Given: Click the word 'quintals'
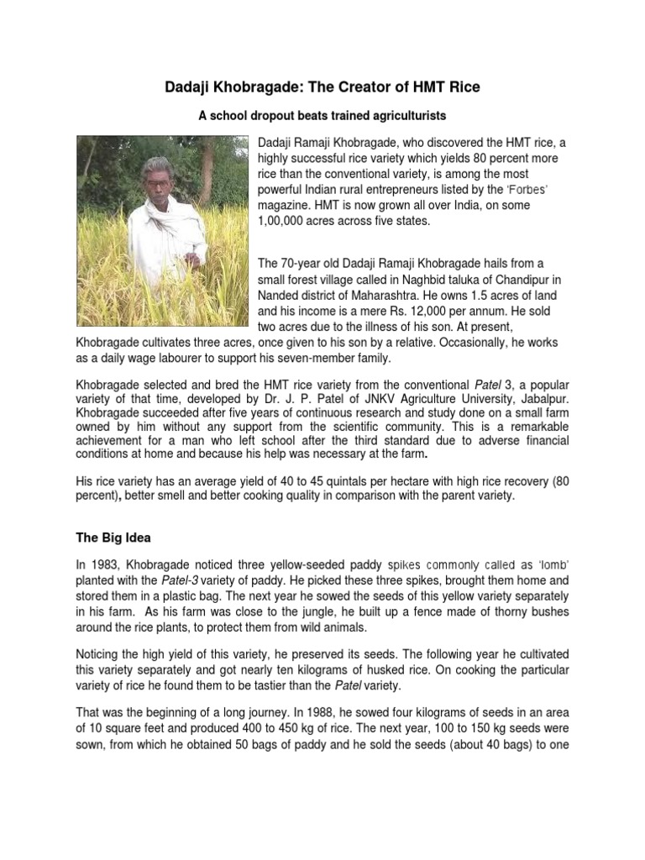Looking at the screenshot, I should (322, 481).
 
